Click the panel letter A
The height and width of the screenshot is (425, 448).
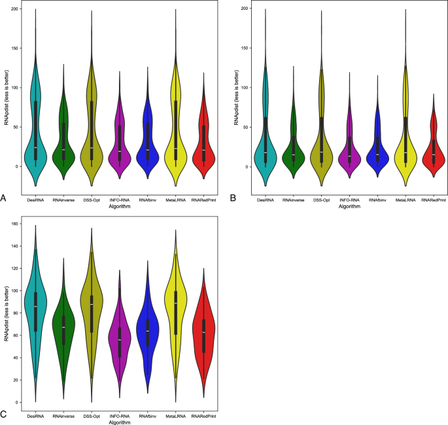[x=5, y=197]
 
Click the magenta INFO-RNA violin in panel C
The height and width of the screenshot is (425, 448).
[x=119, y=340]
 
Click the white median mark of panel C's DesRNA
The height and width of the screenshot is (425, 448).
[x=35, y=306]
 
